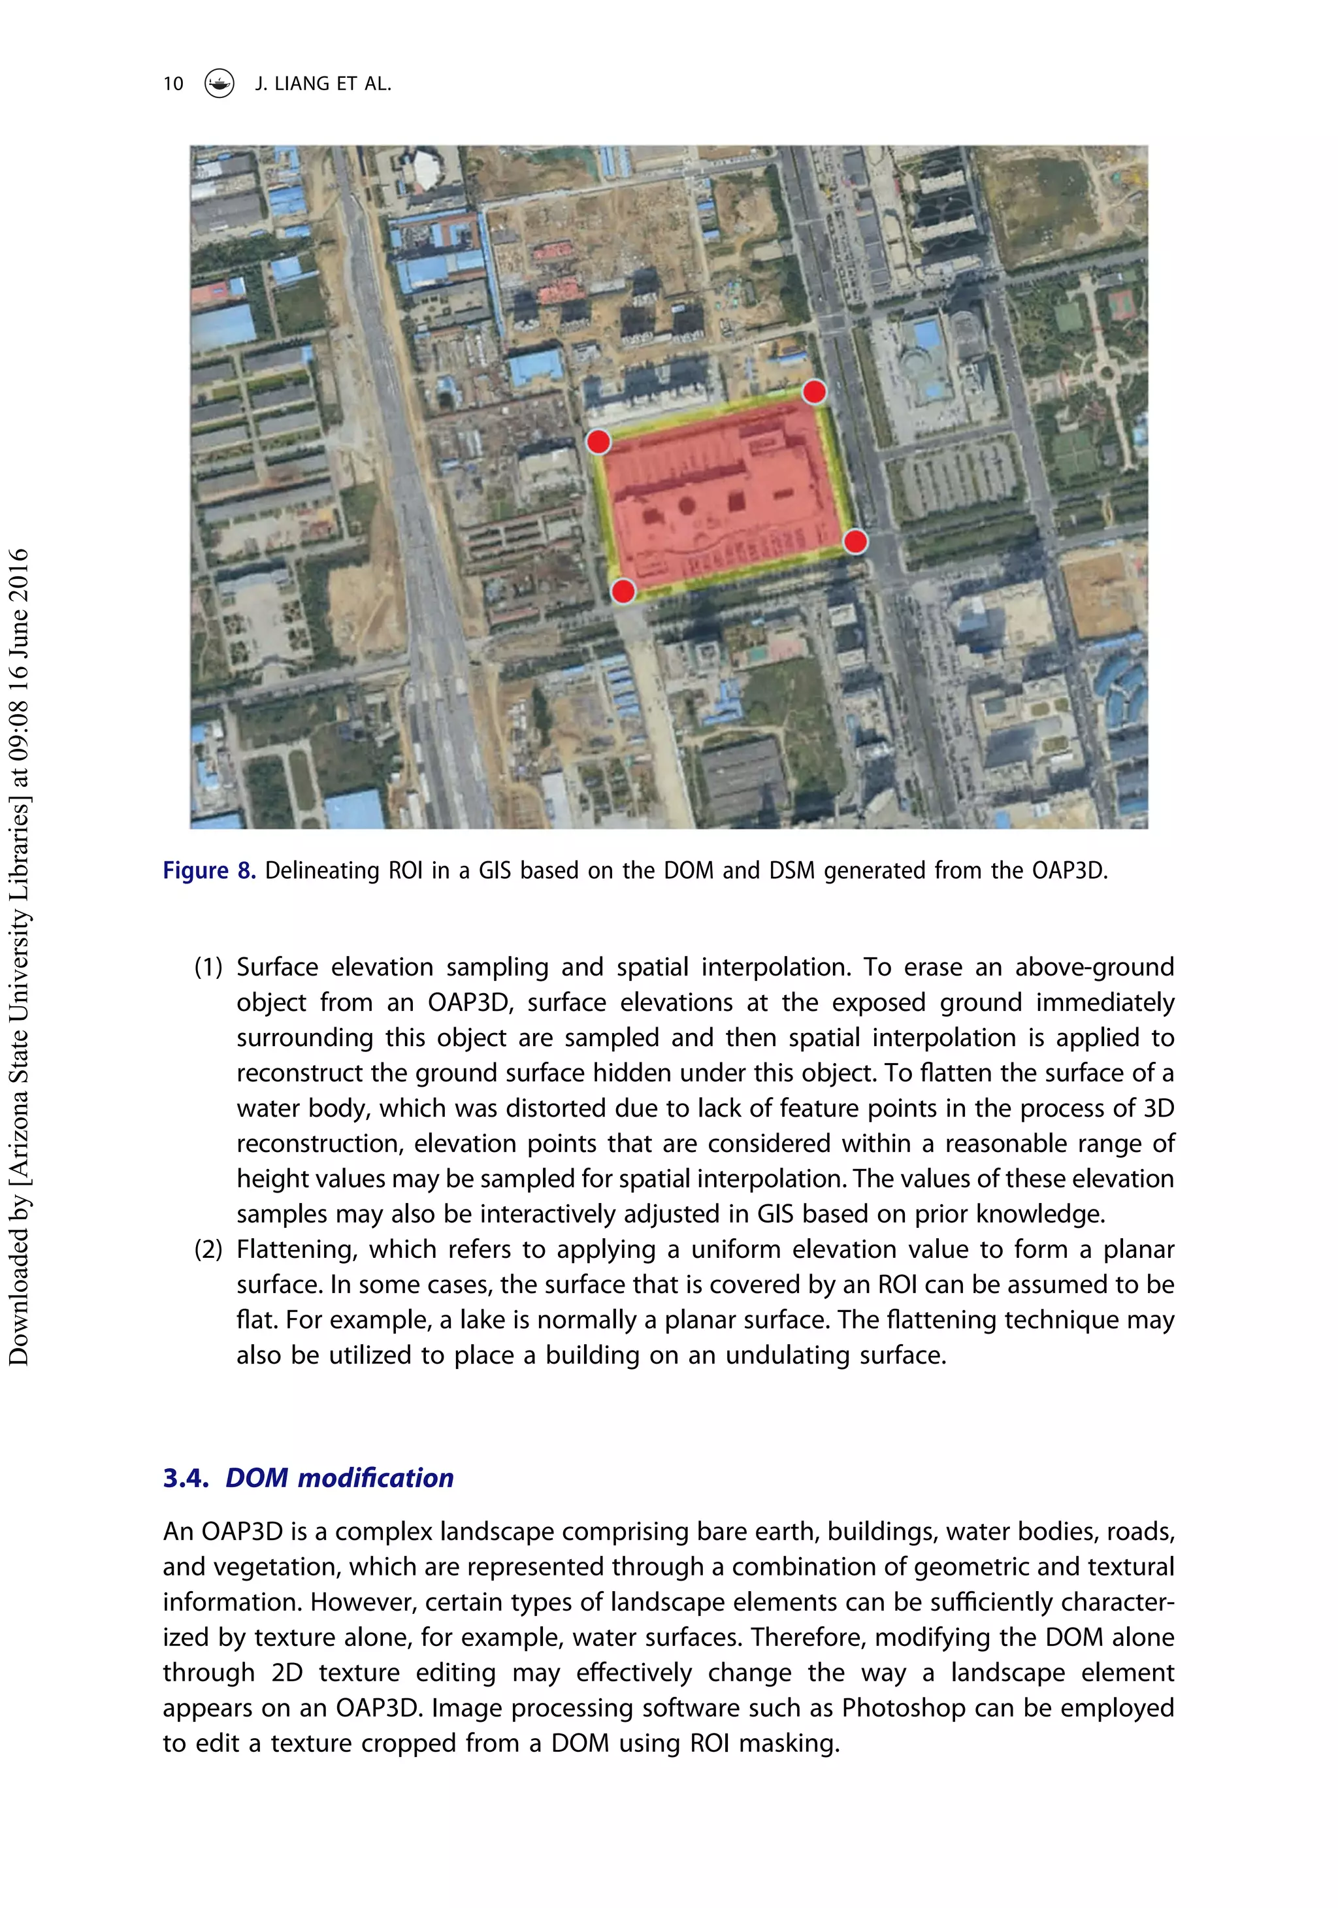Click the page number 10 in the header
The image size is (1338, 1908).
click(173, 84)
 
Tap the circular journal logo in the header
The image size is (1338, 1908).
click(220, 83)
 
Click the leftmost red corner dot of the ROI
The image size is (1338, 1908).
click(598, 441)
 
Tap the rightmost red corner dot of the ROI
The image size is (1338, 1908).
click(855, 542)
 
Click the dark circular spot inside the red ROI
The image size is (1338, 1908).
click(687, 504)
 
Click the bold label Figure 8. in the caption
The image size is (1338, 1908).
click(208, 871)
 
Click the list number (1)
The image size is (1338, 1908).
click(208, 967)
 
